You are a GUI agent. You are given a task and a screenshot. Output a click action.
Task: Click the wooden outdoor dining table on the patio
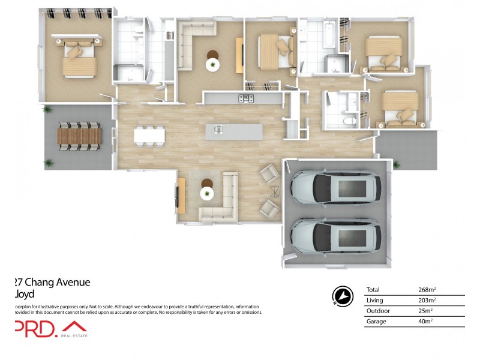(x=77, y=136)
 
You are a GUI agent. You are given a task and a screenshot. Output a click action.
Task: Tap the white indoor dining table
(x=149, y=136)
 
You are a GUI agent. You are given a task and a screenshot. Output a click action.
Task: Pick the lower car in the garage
(x=335, y=236)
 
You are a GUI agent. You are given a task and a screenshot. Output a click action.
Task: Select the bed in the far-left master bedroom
(x=76, y=58)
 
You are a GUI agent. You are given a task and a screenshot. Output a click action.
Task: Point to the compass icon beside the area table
(x=341, y=296)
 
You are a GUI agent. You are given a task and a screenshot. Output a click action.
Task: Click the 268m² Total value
(x=427, y=290)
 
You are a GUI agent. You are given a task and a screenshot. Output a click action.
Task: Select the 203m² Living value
(x=427, y=300)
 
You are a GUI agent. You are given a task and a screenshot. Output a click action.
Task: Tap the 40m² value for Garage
(x=425, y=322)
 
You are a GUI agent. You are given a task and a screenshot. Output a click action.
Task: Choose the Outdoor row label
(x=377, y=311)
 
